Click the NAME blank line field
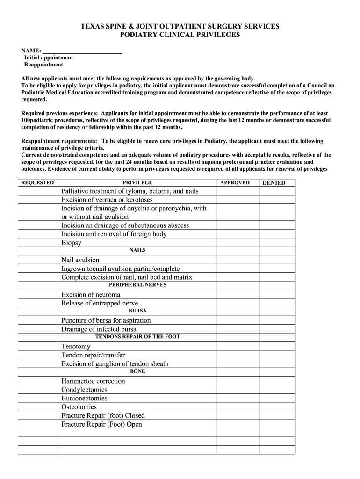(x=82, y=51)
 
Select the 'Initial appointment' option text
(x=49, y=58)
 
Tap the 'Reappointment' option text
(x=43, y=65)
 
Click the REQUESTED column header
(x=38, y=183)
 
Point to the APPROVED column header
(x=235, y=183)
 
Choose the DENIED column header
(x=274, y=183)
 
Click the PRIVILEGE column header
(x=137, y=183)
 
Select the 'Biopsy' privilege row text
(x=72, y=243)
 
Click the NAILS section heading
(x=137, y=250)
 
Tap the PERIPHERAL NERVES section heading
(x=137, y=285)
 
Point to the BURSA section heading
(x=137, y=311)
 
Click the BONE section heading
(x=137, y=371)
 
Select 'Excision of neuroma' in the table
(x=91, y=295)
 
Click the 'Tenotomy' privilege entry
(x=76, y=347)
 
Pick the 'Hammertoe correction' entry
(x=93, y=381)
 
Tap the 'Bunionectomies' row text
(x=84, y=399)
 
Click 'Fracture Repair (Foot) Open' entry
(x=101, y=425)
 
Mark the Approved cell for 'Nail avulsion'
(x=238, y=260)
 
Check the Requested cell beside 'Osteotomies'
(x=38, y=407)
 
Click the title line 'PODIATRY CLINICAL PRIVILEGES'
(x=180, y=35)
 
